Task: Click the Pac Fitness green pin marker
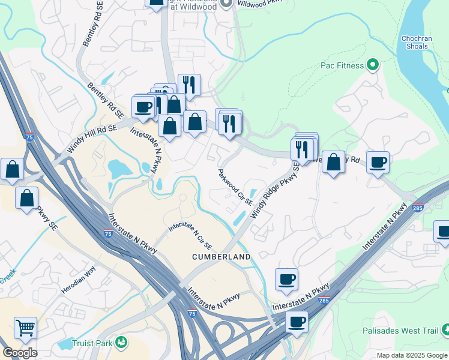pos(372,65)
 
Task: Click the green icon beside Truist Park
pos(122,342)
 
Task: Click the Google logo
pos(20,353)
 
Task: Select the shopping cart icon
pos(25,328)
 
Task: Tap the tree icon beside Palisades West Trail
pos(445,329)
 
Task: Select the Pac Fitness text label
pos(342,65)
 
